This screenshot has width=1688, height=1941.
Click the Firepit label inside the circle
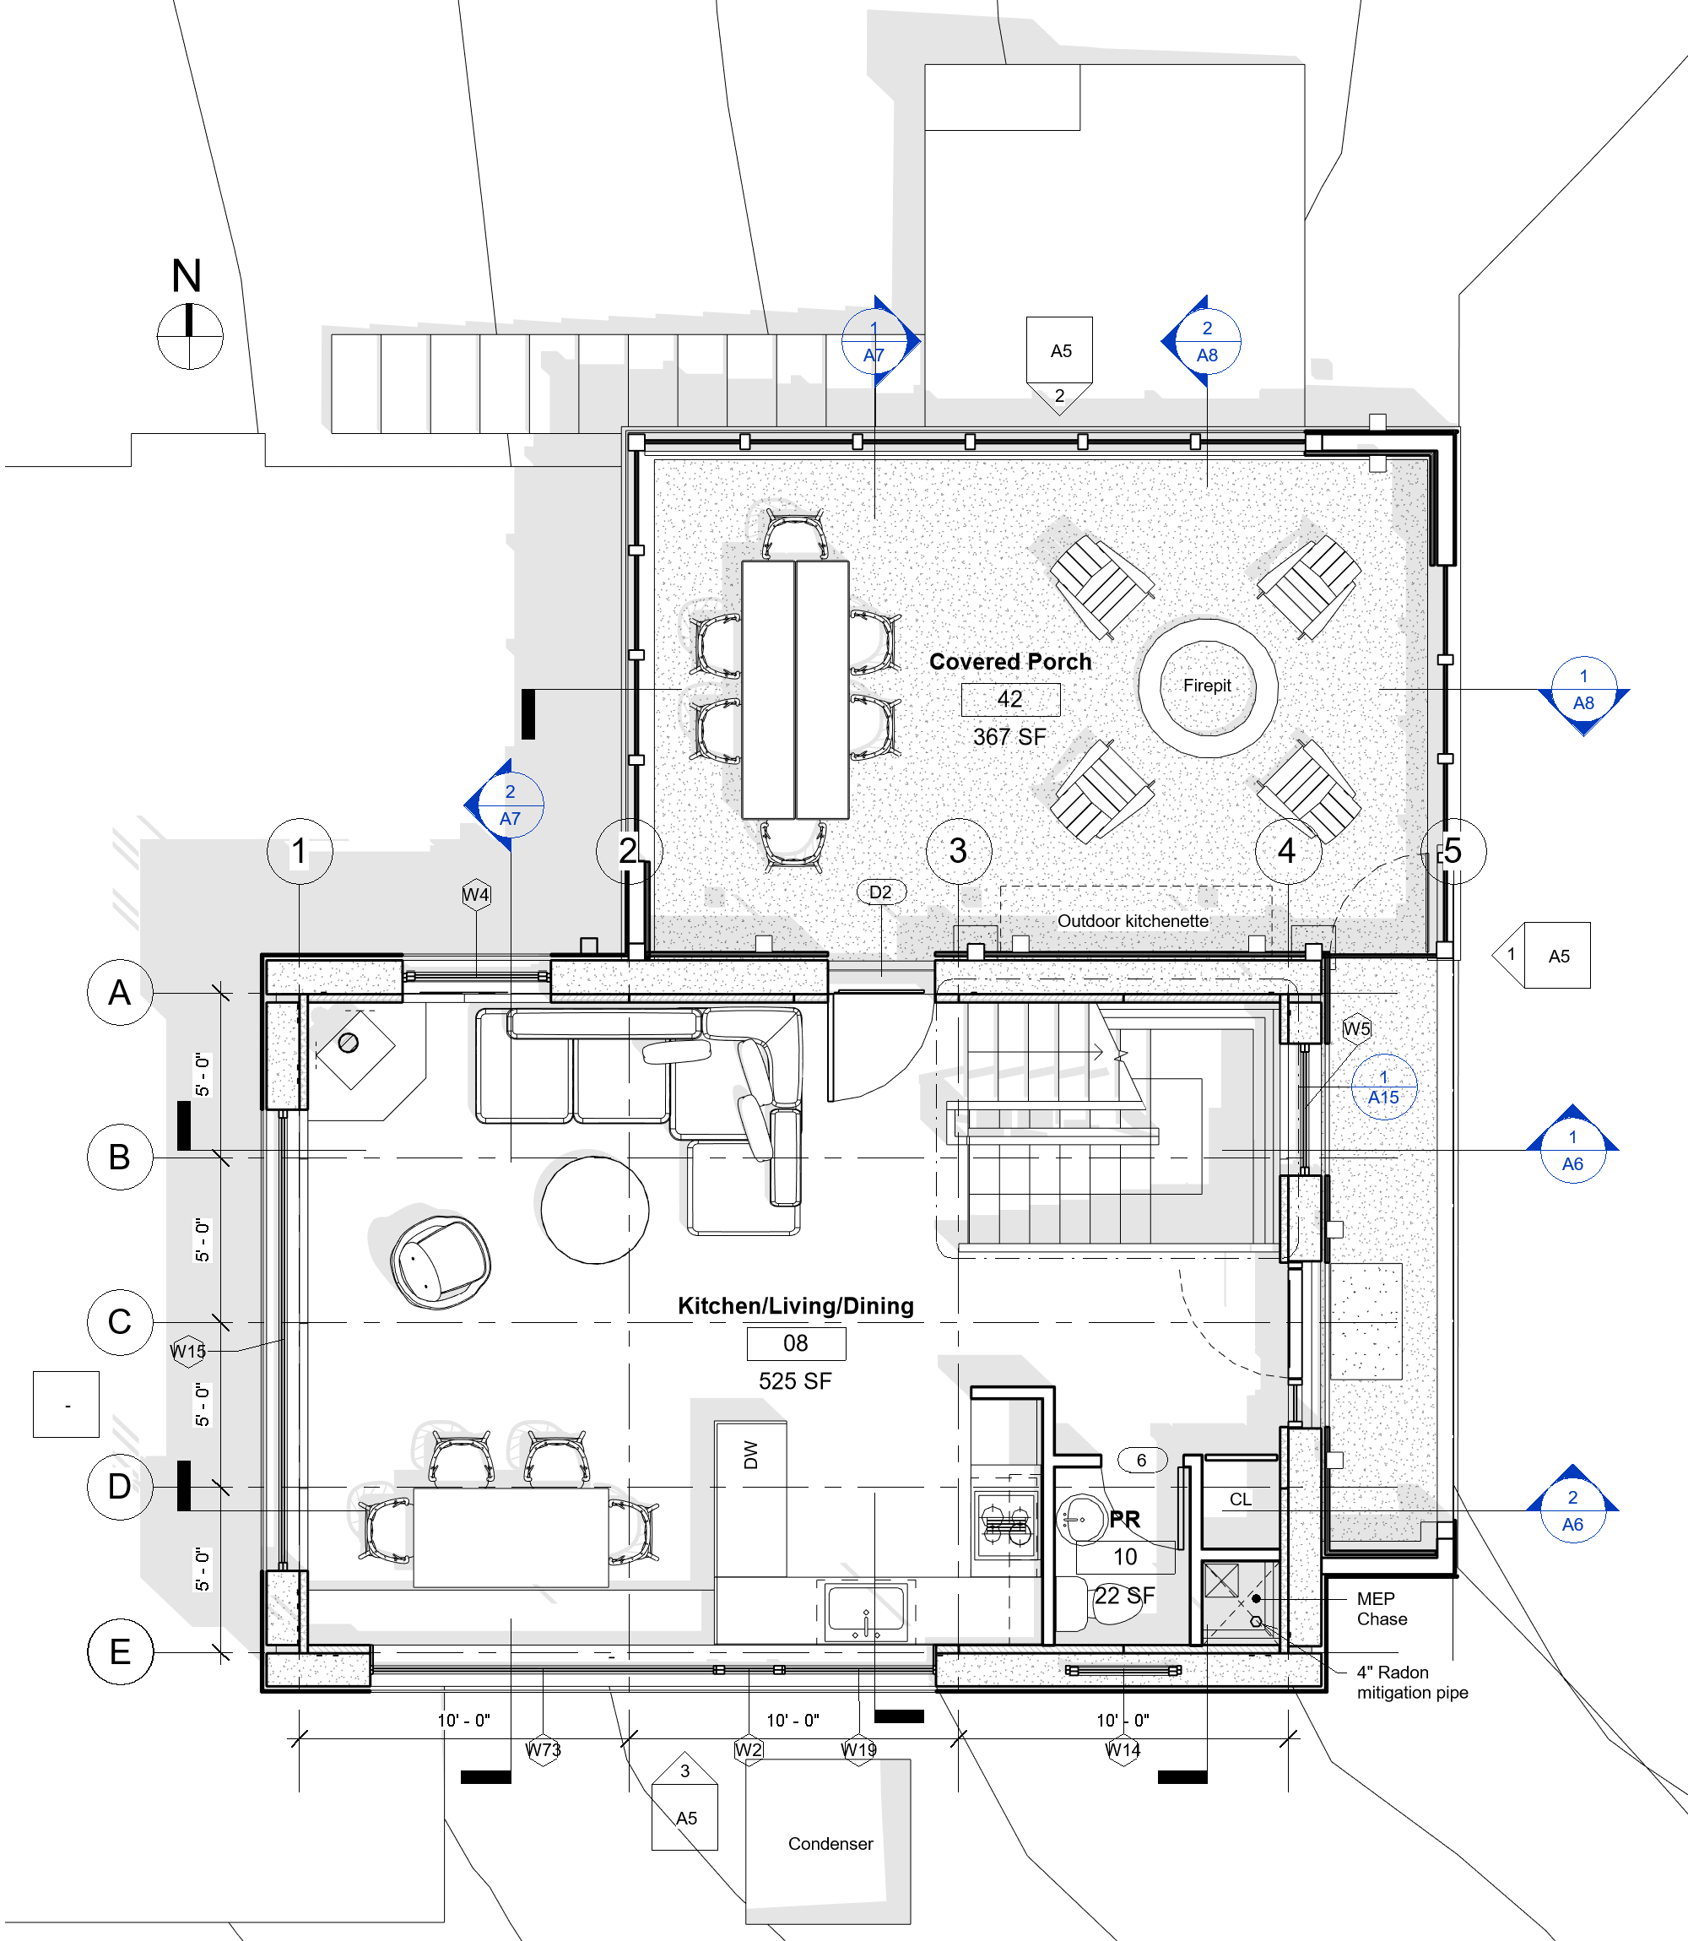[x=1207, y=685]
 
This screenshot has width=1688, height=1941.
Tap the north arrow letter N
[x=187, y=276]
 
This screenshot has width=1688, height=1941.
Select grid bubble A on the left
[x=120, y=992]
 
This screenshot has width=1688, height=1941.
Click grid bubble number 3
[x=958, y=851]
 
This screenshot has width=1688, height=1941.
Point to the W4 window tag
[x=476, y=894]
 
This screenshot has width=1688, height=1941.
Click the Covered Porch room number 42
[x=1009, y=699]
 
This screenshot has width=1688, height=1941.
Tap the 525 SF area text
[x=795, y=1381]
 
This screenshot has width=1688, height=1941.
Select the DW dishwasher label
[x=751, y=1455]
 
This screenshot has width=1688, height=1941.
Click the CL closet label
[x=1241, y=1499]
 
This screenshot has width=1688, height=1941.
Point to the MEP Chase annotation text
[x=1382, y=1608]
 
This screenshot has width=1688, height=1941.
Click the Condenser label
[x=830, y=1843]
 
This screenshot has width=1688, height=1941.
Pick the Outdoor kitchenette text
[x=1133, y=920]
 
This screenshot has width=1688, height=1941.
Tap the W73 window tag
[x=543, y=1749]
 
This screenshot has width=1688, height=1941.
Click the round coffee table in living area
[x=594, y=1210]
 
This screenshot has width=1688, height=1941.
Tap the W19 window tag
[x=859, y=1749]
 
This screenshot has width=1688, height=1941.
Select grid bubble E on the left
[x=120, y=1651]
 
